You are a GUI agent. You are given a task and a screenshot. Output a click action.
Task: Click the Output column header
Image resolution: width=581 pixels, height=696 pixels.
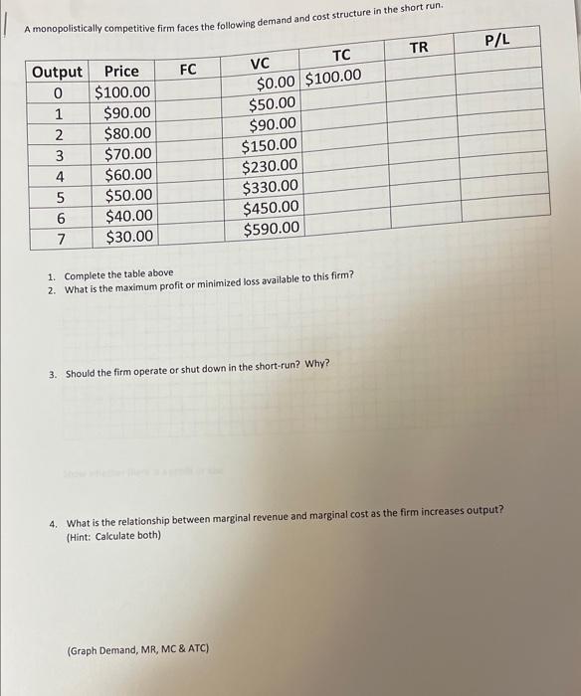pos(58,73)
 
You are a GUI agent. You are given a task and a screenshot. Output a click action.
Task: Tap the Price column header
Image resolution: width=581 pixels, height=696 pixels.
pos(121,72)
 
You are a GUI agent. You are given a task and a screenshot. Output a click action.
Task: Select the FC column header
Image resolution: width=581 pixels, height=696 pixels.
pos(188,69)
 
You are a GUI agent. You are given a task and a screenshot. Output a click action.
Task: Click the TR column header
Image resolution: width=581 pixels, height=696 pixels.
pos(419,47)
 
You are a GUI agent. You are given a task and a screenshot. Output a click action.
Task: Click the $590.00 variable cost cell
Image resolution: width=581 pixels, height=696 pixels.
pos(270,229)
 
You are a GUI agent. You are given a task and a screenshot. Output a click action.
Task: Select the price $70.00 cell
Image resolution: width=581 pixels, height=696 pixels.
pos(128,154)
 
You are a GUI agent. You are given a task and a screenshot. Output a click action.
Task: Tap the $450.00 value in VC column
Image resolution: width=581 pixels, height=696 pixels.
pos(270,208)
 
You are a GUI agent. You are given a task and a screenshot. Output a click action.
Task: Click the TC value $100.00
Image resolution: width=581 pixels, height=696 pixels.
pos(332,78)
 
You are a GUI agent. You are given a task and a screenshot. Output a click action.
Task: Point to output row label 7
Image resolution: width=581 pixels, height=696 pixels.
pos(59,237)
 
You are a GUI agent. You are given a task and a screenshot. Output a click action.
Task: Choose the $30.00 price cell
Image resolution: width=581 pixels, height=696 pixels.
pos(129,237)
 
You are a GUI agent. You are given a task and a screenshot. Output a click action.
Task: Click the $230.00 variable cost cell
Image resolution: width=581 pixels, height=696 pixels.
pos(270,166)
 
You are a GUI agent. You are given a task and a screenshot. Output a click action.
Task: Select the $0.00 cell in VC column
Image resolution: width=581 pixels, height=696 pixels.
pos(277,85)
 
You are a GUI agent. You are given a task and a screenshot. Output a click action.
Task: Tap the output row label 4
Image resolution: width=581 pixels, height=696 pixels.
pos(59,175)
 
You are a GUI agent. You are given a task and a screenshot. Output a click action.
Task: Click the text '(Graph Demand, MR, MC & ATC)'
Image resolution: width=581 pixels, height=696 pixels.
pos(137,648)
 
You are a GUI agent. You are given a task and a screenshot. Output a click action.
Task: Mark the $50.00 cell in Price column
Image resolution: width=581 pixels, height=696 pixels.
pos(129,196)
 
